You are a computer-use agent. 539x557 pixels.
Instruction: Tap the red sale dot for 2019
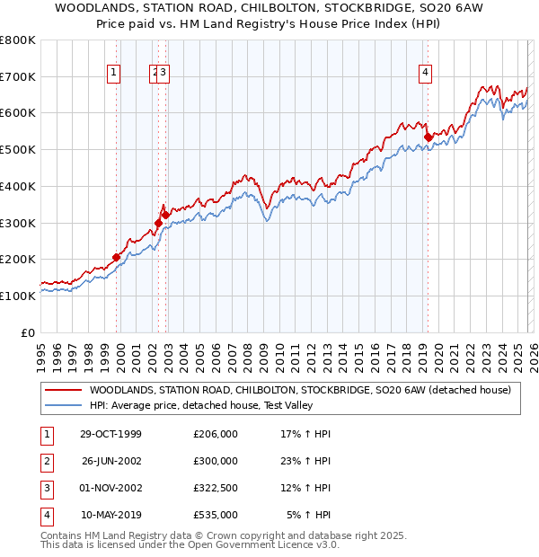click(428, 137)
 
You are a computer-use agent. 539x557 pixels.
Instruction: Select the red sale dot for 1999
click(117, 257)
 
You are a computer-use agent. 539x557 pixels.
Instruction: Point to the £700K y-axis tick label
click(18, 76)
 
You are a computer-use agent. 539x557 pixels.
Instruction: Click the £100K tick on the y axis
click(18, 296)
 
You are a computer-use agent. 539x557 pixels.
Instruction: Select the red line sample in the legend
click(63, 390)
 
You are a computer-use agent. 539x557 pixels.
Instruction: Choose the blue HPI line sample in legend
click(63, 405)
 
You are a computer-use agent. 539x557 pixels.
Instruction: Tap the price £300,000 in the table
click(216, 462)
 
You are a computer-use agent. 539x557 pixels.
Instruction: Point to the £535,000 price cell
click(216, 516)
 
